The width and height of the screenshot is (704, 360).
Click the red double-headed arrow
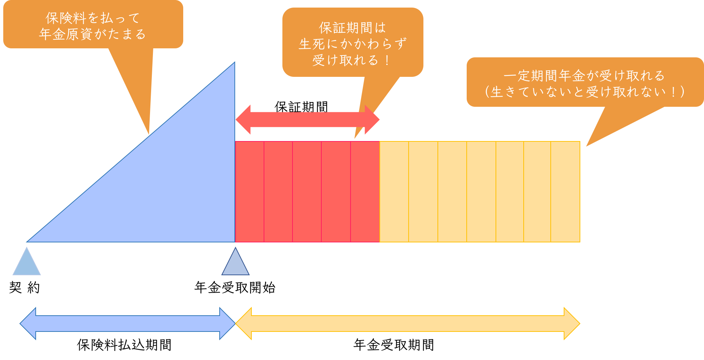tap(307, 120)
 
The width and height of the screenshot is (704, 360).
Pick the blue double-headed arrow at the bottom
tap(127, 324)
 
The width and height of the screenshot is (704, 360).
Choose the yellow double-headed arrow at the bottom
tap(408, 324)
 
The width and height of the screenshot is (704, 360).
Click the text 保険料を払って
tap(93, 18)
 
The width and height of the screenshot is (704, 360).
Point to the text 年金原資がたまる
tap(93, 34)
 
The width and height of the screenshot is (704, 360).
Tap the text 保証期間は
tap(352, 28)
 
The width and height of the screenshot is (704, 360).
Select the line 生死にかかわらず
tap(352, 44)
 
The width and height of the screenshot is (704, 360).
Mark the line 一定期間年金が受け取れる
tap(584, 76)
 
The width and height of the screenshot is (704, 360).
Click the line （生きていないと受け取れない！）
tap(584, 92)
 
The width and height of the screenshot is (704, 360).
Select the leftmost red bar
tap(250, 192)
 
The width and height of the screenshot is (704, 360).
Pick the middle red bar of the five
tap(307, 192)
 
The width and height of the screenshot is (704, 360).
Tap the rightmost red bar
tap(365, 192)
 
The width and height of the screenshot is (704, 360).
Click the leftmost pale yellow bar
tap(394, 192)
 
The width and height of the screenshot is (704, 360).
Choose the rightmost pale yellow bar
tap(566, 192)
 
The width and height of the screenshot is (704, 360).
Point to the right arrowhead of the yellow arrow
tap(572, 324)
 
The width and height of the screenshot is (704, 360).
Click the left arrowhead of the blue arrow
tap(28, 324)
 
